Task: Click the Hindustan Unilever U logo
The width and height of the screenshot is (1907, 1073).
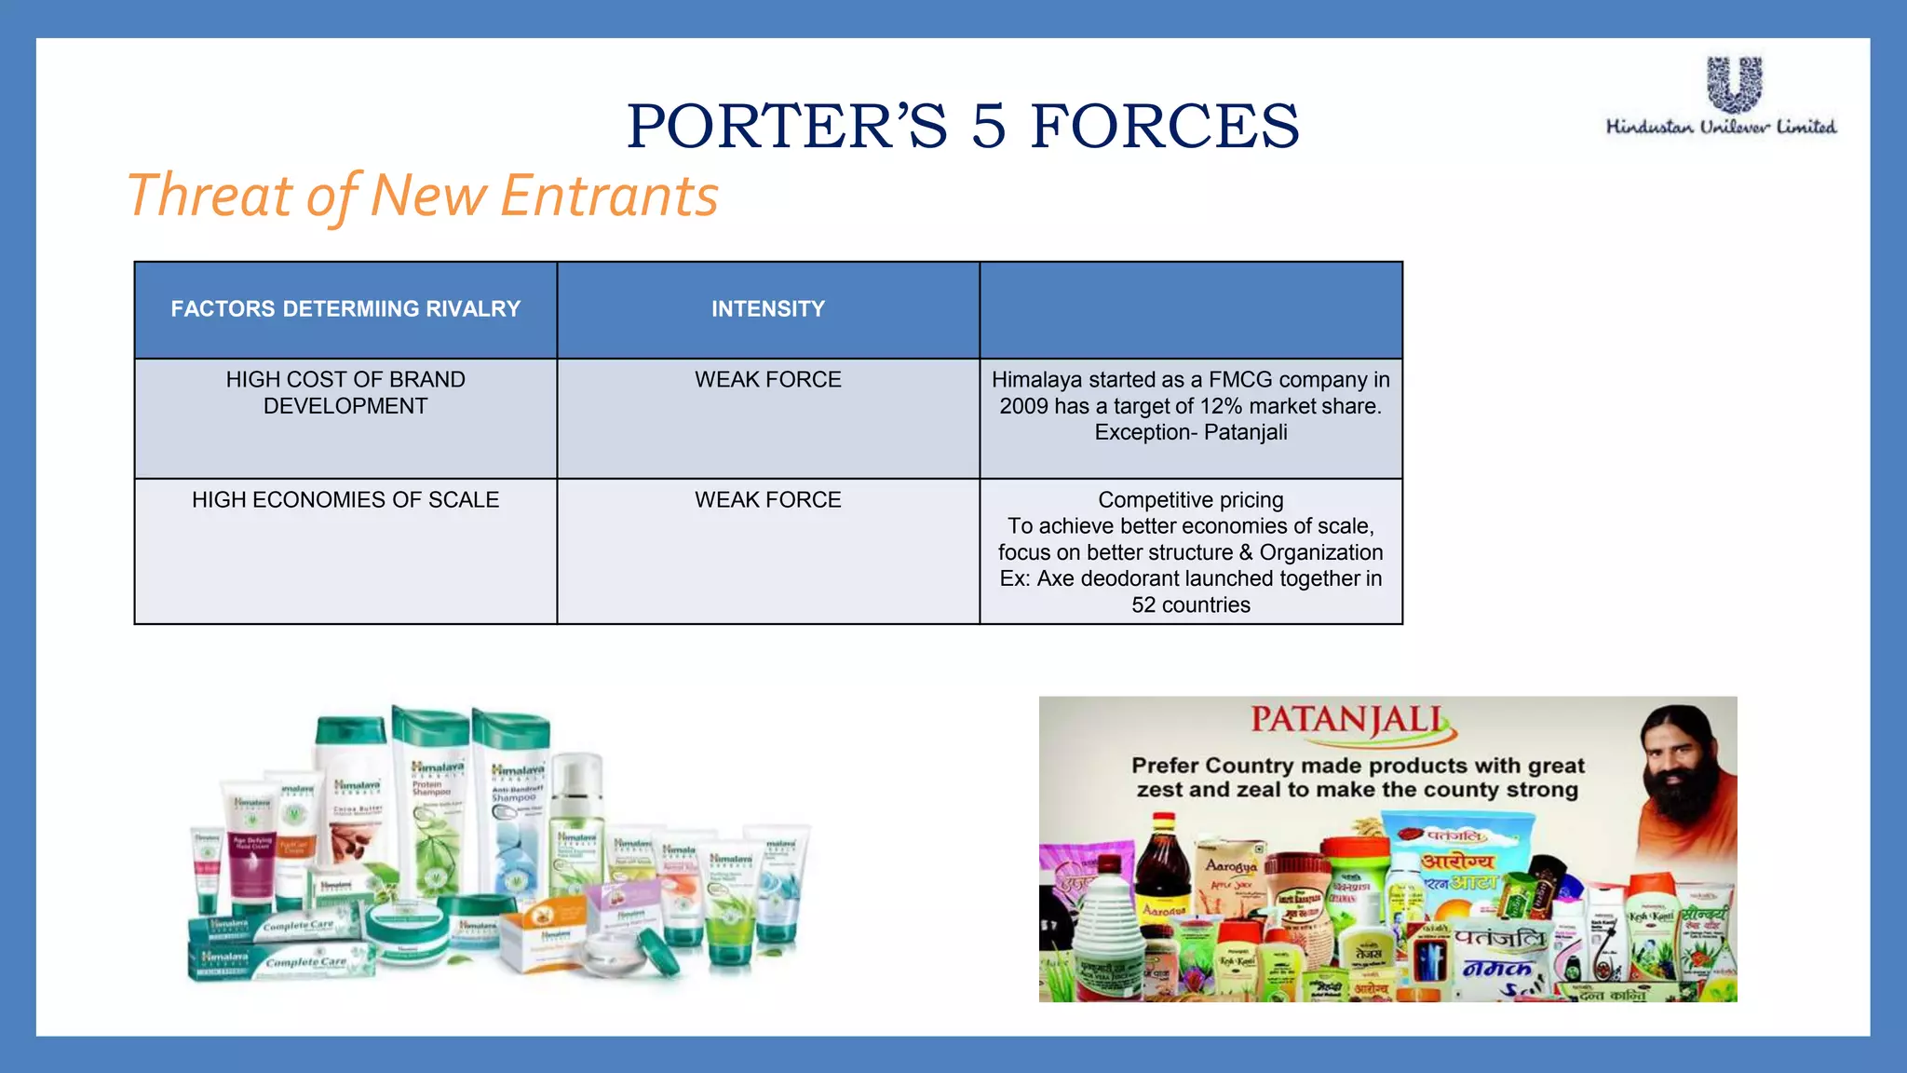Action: pos(1734,84)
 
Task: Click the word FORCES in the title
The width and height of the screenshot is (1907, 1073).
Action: pos(1164,127)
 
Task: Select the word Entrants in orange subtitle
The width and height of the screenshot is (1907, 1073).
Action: pos(609,196)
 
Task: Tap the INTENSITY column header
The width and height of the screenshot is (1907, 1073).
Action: pos(768,309)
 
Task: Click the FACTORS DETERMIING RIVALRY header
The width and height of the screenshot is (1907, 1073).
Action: pos(345,309)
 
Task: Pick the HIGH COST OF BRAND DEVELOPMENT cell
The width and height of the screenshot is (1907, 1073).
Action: pos(345,393)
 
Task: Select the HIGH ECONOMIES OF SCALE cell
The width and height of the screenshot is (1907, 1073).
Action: pos(345,500)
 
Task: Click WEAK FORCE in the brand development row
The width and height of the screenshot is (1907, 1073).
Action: pos(768,380)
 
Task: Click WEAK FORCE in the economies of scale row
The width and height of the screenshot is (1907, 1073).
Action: pos(768,500)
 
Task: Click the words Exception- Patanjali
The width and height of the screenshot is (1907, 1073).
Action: pos(1191,432)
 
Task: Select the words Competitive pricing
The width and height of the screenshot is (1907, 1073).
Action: pos(1191,500)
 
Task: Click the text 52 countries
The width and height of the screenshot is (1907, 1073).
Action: pos(1191,605)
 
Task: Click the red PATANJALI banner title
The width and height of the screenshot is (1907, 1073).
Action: pos(1348,721)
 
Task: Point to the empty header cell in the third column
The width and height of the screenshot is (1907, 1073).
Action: pos(1191,309)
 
